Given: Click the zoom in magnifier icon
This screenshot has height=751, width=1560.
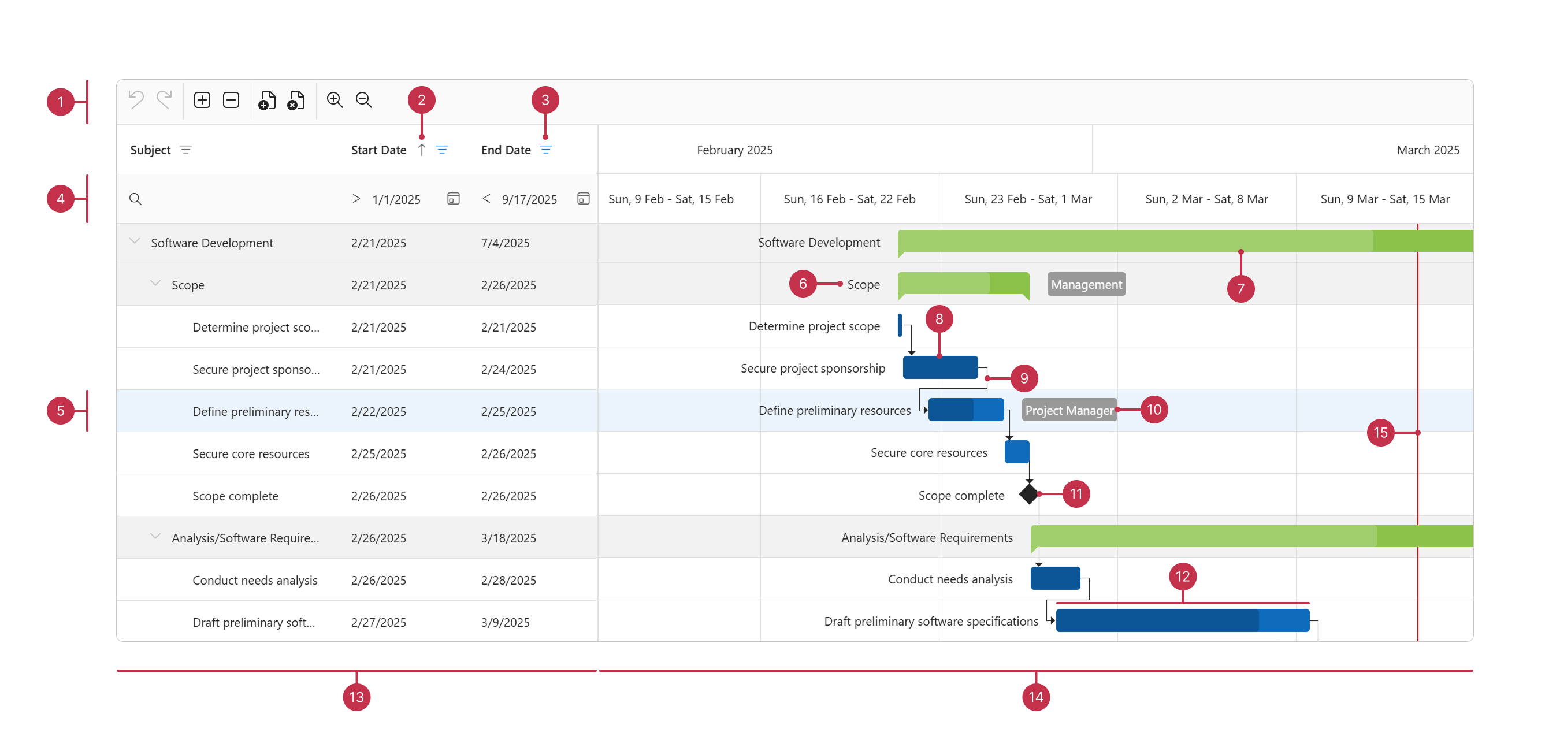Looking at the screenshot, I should [x=335, y=100].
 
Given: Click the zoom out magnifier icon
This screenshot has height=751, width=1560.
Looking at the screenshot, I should [x=363, y=100].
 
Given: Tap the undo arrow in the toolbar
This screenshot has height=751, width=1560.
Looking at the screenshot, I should [x=136, y=100].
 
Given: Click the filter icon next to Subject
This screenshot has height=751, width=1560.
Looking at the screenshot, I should [x=186, y=150].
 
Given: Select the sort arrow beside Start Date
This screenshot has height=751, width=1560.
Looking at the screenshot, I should [x=422, y=150].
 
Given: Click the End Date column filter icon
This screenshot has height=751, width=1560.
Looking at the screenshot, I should [x=545, y=150].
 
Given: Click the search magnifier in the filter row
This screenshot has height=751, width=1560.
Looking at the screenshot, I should [x=136, y=199].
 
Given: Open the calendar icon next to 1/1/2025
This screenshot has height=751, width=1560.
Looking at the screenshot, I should [x=453, y=199].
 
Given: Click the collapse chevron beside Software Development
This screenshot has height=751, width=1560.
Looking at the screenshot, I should [x=135, y=241].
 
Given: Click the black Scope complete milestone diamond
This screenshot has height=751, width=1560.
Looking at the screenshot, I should [x=1028, y=494].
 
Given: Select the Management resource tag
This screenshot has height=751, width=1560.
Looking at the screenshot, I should [x=1086, y=285].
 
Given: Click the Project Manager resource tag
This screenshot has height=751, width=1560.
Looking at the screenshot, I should [x=1069, y=411].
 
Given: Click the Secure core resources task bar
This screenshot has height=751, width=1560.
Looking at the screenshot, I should [x=1017, y=452].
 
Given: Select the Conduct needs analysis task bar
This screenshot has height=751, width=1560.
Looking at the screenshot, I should [x=1055, y=578].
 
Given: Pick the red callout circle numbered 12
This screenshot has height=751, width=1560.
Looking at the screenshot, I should [x=1182, y=577].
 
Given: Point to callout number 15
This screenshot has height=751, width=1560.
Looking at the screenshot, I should [x=1380, y=433].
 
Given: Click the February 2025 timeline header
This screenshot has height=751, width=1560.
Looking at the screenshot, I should [x=734, y=150].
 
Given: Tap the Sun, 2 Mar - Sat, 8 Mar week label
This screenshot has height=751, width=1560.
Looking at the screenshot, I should [x=1206, y=199].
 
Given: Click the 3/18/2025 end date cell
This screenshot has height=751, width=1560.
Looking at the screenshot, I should [x=508, y=538].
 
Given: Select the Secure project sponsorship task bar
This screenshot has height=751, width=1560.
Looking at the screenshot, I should [x=940, y=367].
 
